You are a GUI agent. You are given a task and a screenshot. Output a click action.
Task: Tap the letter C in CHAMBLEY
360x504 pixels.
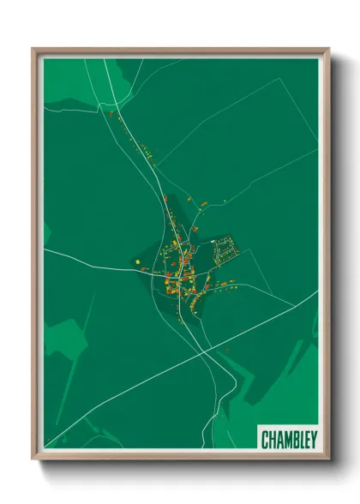pyautogui.click(x=265, y=437)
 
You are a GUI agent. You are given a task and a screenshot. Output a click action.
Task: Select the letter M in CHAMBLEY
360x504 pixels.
pyautogui.click(x=284, y=437)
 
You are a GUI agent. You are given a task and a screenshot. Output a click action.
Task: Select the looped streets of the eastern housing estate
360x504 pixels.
pyautogui.click(x=224, y=250)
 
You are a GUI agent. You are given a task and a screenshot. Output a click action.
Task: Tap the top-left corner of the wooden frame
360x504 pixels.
pyautogui.click(x=34, y=50)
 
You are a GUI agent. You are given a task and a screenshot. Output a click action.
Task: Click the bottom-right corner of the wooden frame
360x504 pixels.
pyautogui.click(x=327, y=459)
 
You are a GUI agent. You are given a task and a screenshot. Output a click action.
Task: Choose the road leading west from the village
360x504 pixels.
pyautogui.click(x=94, y=261)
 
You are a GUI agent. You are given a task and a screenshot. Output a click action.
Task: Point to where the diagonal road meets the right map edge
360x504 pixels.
pyautogui.click(x=316, y=292)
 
